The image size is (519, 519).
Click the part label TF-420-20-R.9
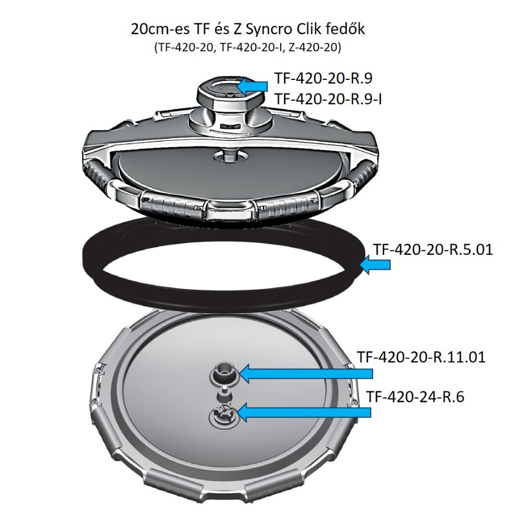point(323,78)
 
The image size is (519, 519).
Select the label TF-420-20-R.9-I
point(329,99)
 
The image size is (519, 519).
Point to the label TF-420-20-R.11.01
point(421,357)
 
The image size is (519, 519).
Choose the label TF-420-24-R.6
point(415,397)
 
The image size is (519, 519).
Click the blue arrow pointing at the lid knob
point(253,86)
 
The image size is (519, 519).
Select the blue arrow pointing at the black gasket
point(375,265)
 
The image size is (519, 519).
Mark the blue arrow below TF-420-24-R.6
point(304,412)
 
